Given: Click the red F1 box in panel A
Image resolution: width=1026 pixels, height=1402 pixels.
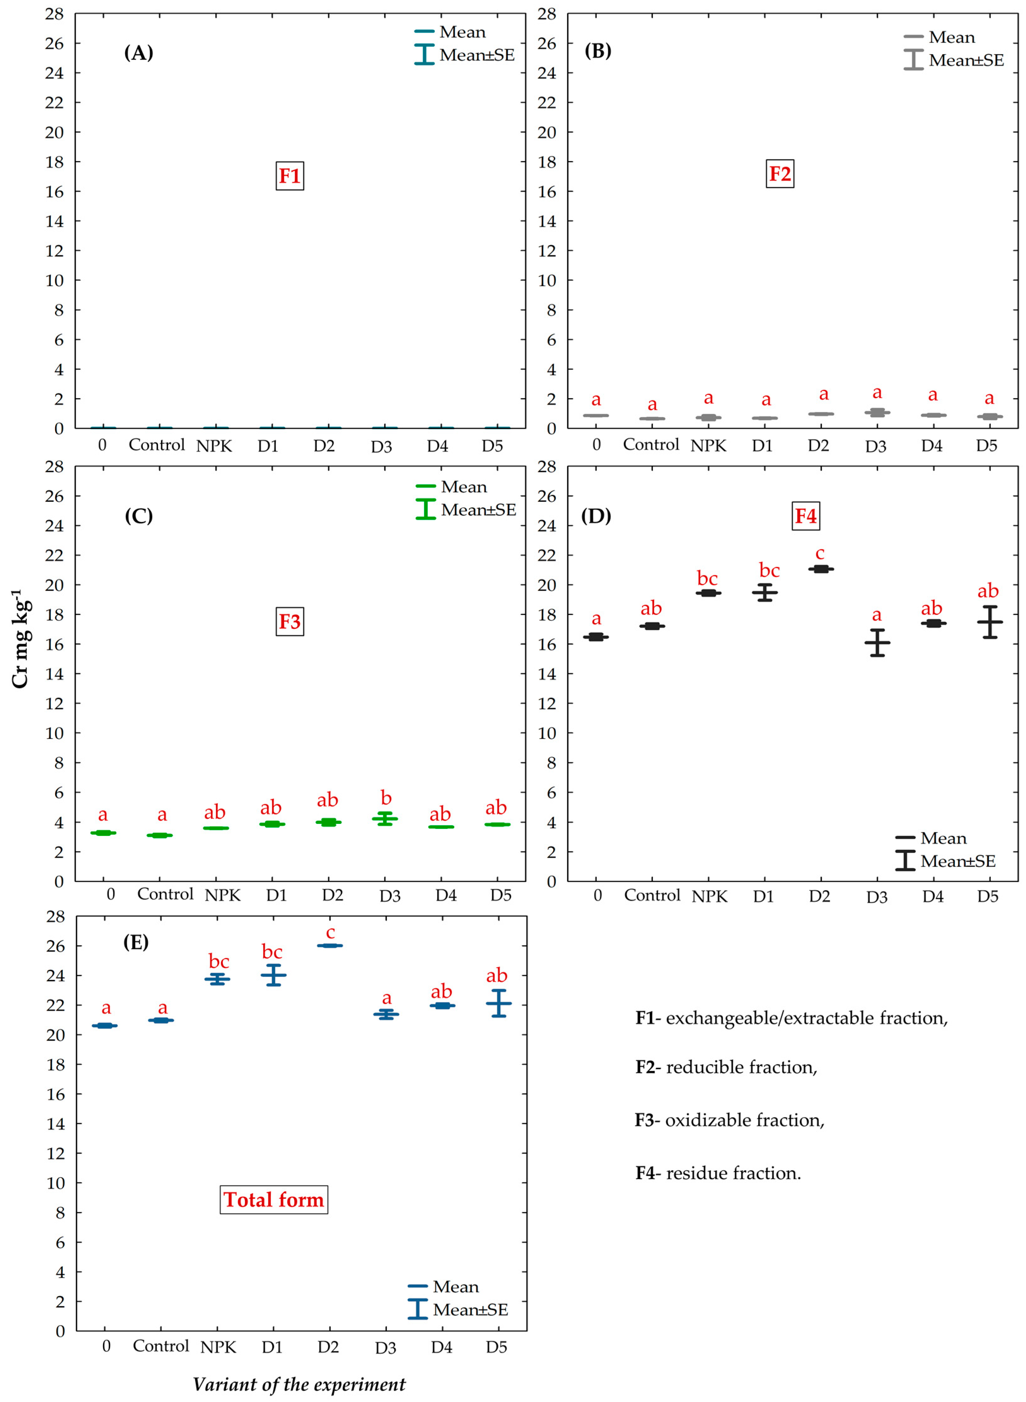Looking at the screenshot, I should tap(289, 176).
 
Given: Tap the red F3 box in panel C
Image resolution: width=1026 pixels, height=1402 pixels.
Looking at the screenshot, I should tap(289, 622).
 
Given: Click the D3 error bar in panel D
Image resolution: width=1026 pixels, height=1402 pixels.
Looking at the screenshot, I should tap(877, 643).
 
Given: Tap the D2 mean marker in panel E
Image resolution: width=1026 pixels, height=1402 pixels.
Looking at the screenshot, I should tap(330, 946).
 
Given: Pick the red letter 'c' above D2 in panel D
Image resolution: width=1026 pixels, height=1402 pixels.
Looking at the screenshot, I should tap(820, 553).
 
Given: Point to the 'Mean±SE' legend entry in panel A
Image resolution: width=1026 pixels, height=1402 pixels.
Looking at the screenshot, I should tap(476, 55).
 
